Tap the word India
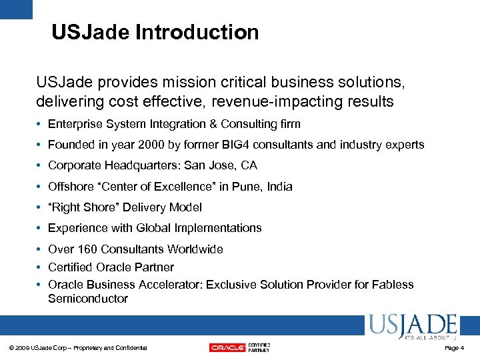279,187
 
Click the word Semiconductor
88,299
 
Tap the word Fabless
393,285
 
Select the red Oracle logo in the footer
227,347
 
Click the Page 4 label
453,348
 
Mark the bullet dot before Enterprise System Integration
41,124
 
